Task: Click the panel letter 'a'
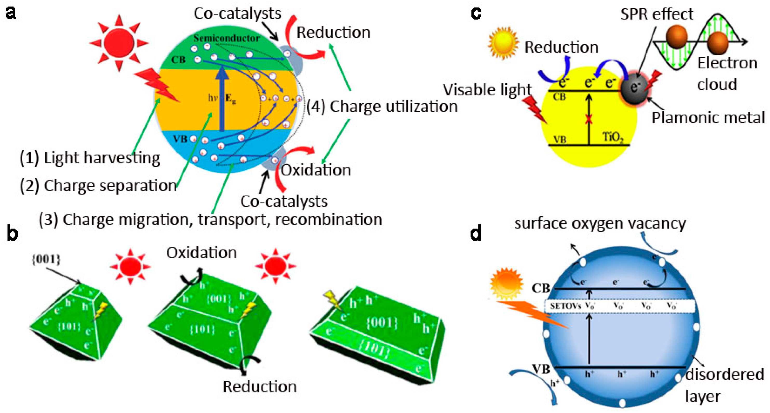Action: [x=11, y=13]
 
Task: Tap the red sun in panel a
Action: [x=119, y=43]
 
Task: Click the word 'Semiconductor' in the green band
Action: [x=226, y=38]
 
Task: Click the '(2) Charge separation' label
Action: [x=98, y=185]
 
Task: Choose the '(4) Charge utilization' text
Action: [x=382, y=106]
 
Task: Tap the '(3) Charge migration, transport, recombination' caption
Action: [x=210, y=219]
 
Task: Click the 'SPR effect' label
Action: [x=657, y=14]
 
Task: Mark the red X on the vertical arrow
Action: [x=589, y=119]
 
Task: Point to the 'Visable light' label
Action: [x=487, y=90]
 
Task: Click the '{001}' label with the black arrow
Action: [x=46, y=259]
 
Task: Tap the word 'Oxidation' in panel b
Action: [x=202, y=253]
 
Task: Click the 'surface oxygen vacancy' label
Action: [x=600, y=223]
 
